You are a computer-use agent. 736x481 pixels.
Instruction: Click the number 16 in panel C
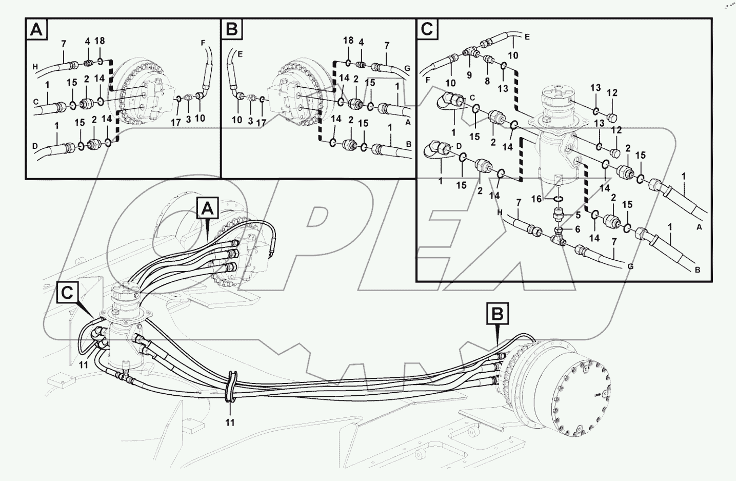[536, 199]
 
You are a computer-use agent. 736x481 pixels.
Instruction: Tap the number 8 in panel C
[487, 81]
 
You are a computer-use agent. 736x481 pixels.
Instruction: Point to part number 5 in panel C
[578, 215]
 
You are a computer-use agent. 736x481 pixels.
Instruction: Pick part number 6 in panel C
[578, 229]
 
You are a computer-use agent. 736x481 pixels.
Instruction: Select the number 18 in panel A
[100, 41]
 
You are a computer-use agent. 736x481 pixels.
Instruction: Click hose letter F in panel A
[203, 44]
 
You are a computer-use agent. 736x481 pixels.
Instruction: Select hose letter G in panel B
[407, 67]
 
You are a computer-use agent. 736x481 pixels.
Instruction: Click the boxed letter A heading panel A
[36, 30]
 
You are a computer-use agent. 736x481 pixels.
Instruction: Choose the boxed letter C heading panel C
[427, 30]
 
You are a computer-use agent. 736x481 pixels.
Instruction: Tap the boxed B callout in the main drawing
[498, 314]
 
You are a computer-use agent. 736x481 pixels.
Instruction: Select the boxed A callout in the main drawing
[207, 208]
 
